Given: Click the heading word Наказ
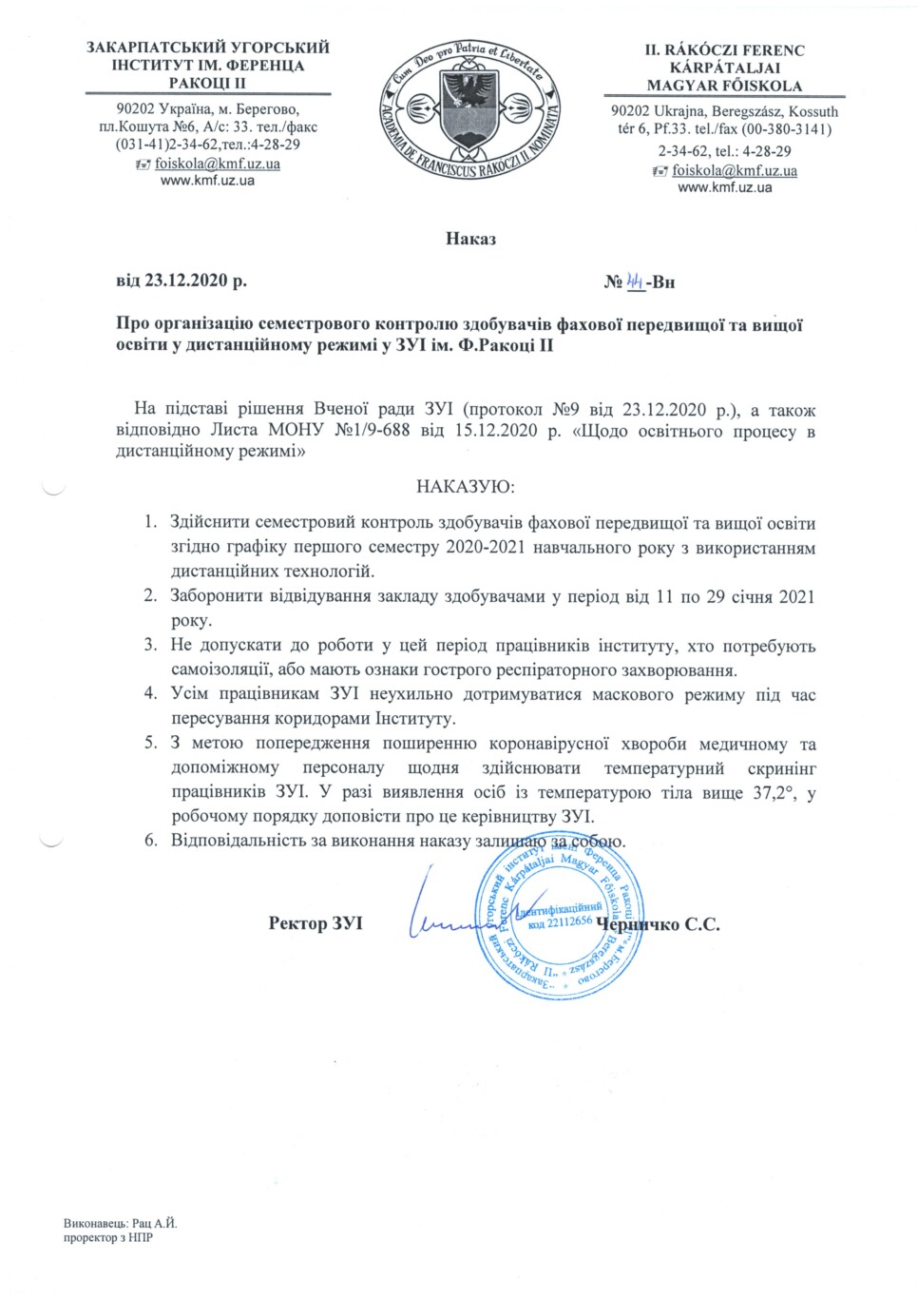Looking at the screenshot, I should (470, 239).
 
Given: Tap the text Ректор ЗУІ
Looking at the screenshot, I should (316, 923).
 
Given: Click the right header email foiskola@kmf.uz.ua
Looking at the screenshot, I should (735, 171).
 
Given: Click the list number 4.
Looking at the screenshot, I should (150, 694).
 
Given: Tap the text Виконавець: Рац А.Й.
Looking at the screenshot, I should (121, 1224).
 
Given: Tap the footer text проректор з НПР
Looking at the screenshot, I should (109, 1238).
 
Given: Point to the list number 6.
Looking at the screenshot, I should (150, 842).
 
